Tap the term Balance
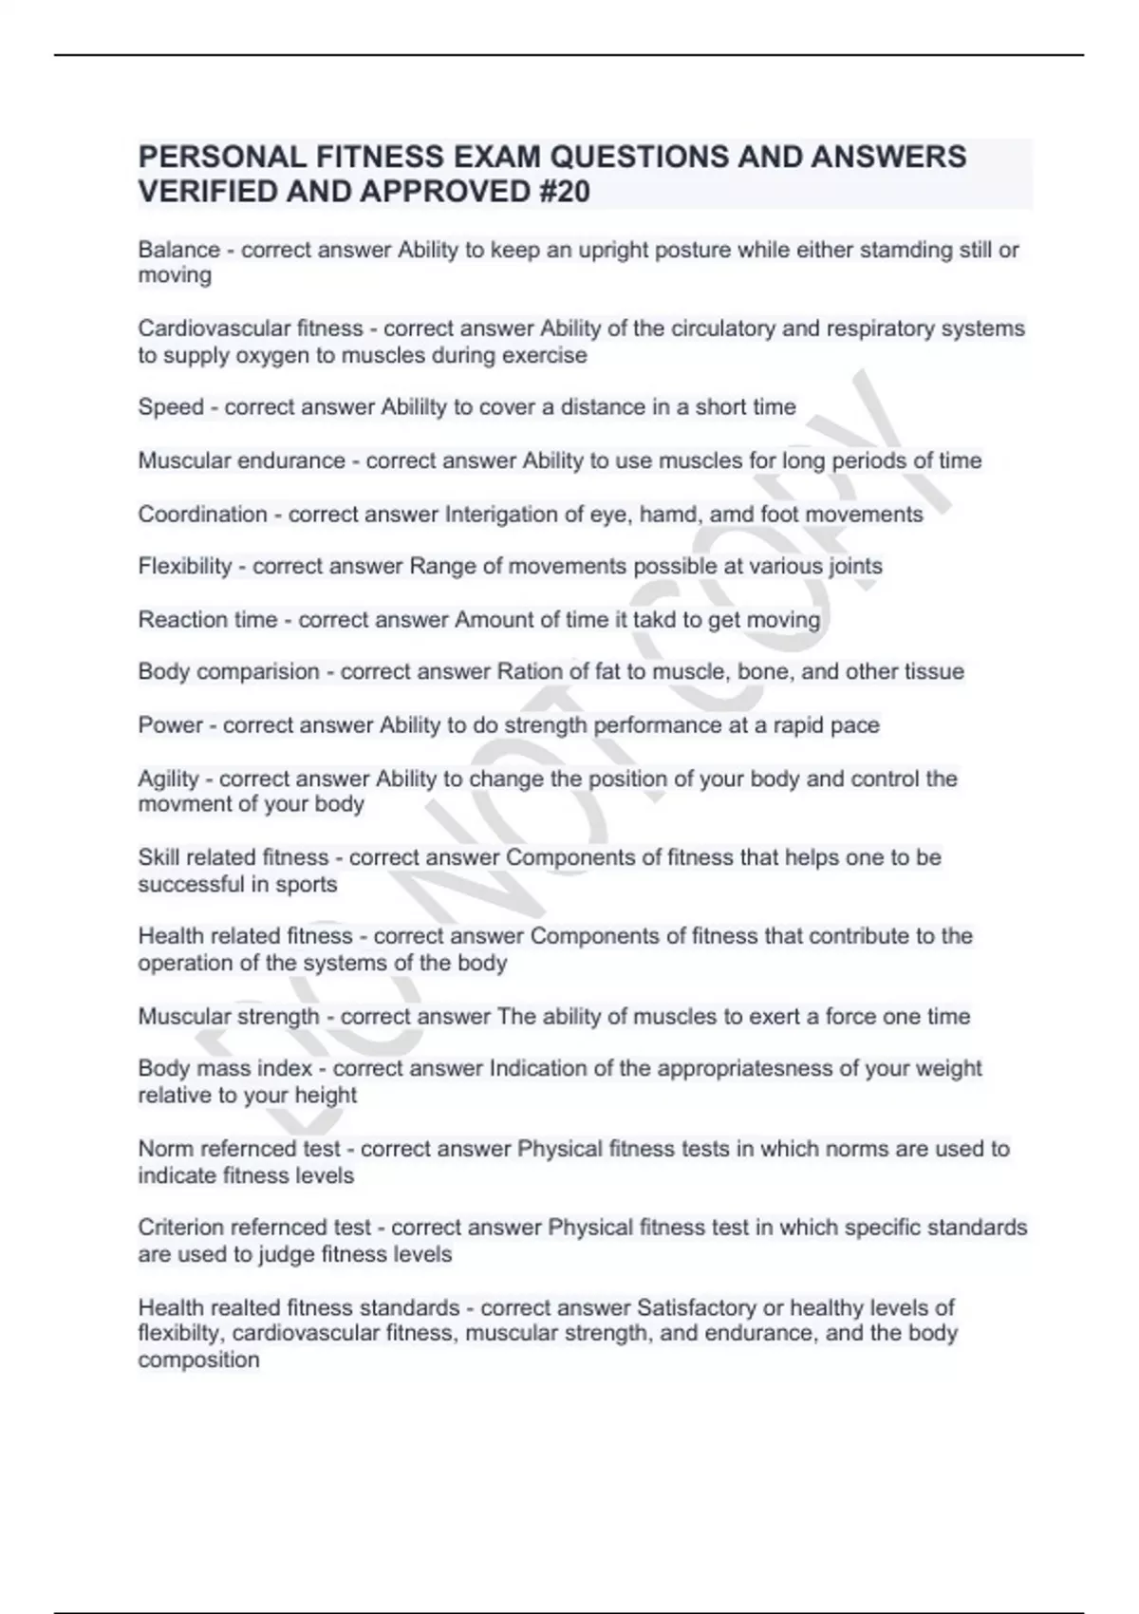coord(178,251)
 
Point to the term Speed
coord(171,407)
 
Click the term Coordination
coord(202,515)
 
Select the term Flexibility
coord(185,567)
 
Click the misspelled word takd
coord(655,620)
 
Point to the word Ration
coord(530,672)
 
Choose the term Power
coord(171,725)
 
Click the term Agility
coord(169,779)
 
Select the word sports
coord(307,885)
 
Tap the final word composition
coord(198,1361)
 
